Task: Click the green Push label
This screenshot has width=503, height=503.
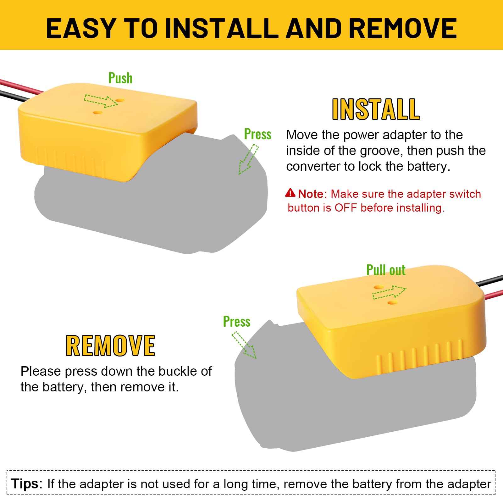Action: pos(120,78)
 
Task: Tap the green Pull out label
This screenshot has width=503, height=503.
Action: pos(386,270)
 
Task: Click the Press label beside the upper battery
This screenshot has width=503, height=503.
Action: pos(258,134)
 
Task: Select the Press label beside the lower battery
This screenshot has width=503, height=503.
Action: pos(237,322)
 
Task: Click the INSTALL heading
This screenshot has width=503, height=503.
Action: pos(376,109)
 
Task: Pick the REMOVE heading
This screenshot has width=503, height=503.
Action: pos(110,345)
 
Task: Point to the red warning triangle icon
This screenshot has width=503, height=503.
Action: pos(290,192)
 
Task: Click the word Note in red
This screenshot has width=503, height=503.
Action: pos(311,194)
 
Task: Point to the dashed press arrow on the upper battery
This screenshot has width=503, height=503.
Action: pos(248,159)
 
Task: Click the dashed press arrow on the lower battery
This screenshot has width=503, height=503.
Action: pos(244,345)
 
